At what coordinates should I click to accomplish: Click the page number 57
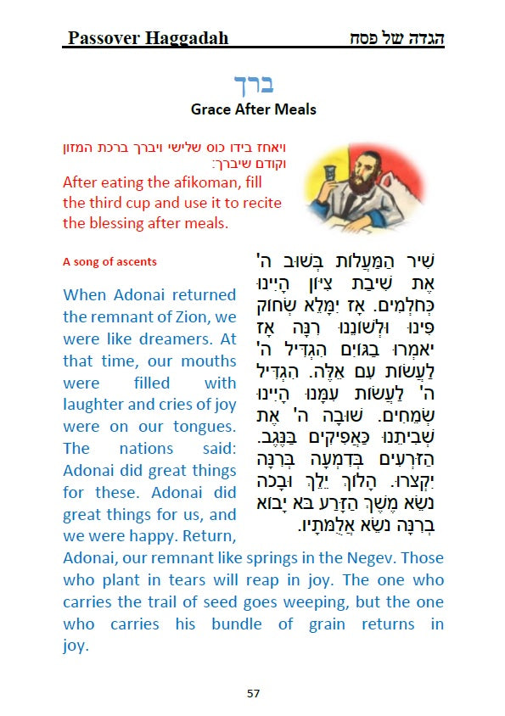(x=253, y=693)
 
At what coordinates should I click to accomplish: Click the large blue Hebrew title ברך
(x=253, y=85)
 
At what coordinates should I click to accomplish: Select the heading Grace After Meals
(x=253, y=109)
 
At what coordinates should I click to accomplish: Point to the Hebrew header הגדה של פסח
(x=397, y=38)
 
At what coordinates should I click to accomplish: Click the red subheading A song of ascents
(x=109, y=261)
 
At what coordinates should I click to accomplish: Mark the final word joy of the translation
(x=76, y=646)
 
